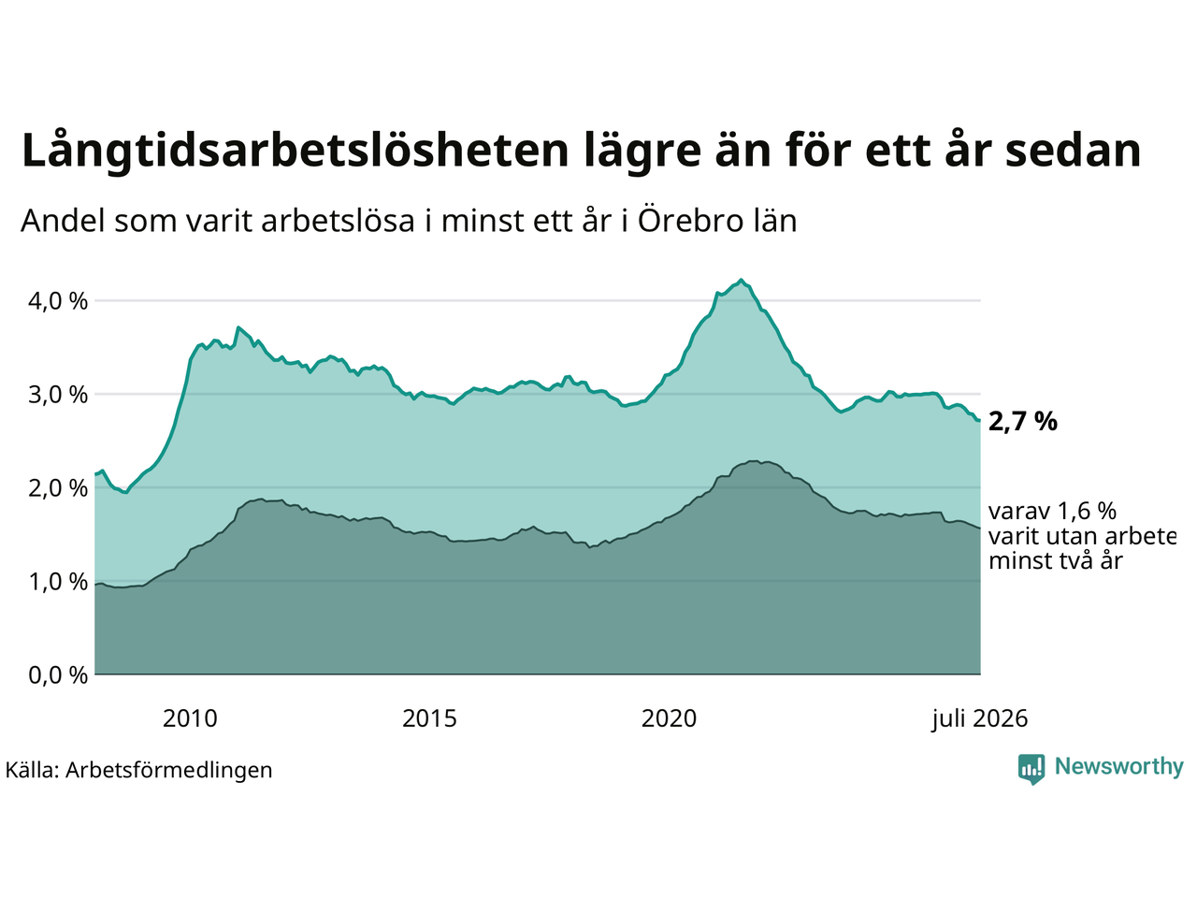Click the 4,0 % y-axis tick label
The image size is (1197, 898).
[x=58, y=301]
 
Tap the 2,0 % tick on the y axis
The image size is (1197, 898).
[x=58, y=488]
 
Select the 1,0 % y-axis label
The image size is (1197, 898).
[x=58, y=583]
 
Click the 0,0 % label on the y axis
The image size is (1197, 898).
[x=58, y=676]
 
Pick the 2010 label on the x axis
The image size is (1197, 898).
[x=190, y=719]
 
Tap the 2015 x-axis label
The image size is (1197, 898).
[x=429, y=719]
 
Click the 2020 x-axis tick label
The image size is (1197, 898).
[x=669, y=719]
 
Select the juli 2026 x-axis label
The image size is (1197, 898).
[x=979, y=719]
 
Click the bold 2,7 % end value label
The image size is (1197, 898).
[x=1022, y=422]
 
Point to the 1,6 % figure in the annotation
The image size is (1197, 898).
[x=1087, y=512]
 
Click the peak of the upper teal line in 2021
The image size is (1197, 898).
[x=741, y=280]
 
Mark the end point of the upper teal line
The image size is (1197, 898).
[x=980, y=420]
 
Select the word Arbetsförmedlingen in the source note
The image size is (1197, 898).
[x=169, y=771]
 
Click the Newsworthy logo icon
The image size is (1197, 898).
[x=1031, y=769]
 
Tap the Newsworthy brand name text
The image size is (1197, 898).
[x=1119, y=767]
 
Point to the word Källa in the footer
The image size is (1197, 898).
[x=32, y=770]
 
